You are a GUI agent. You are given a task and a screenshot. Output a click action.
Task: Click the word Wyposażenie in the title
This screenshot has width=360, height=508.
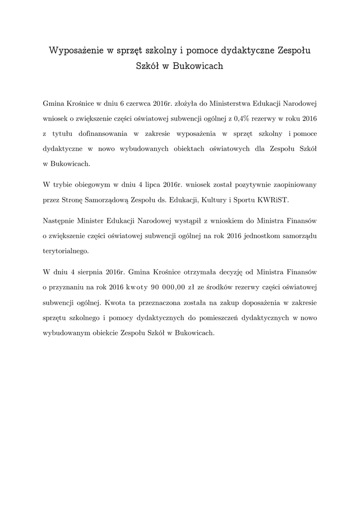pyautogui.click(x=75, y=51)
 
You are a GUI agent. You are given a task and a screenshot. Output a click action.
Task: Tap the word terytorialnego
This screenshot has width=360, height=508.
pyautogui.click(x=66, y=251)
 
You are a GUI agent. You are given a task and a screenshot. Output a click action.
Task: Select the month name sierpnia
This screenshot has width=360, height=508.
pyautogui.click(x=83, y=272)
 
